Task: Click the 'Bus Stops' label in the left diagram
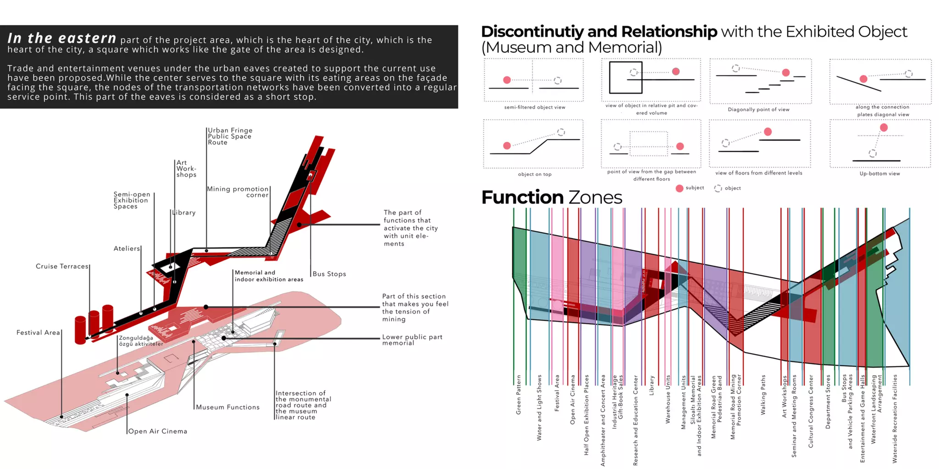pos(329,274)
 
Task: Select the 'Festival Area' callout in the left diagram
pos(38,333)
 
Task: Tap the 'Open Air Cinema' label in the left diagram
pos(157,431)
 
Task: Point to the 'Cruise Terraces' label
pos(62,266)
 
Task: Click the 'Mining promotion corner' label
pos(238,192)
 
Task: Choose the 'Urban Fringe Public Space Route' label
pos(230,136)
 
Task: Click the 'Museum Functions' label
pos(227,407)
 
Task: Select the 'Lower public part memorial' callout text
pos(412,340)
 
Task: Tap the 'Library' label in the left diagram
pos(184,213)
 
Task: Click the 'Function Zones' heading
pos(551,197)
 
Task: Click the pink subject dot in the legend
pos(679,188)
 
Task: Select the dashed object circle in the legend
pos(718,188)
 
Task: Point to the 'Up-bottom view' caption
pos(879,174)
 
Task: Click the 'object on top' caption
pos(535,174)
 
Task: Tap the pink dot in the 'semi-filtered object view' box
pos(507,80)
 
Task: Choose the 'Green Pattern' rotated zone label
pos(519,395)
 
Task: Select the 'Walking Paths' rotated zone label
pos(763,395)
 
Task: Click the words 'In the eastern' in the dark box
pos(61,38)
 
